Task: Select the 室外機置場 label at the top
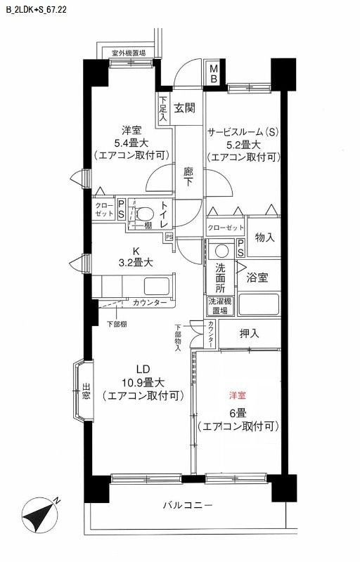pos(129,53)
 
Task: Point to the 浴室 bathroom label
pos(257,277)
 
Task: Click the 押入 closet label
pos(249,333)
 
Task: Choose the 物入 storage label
pos(264,237)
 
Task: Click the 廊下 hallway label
pos(188,175)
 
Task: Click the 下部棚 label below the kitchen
pos(117,323)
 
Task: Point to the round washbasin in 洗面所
pos(221,250)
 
